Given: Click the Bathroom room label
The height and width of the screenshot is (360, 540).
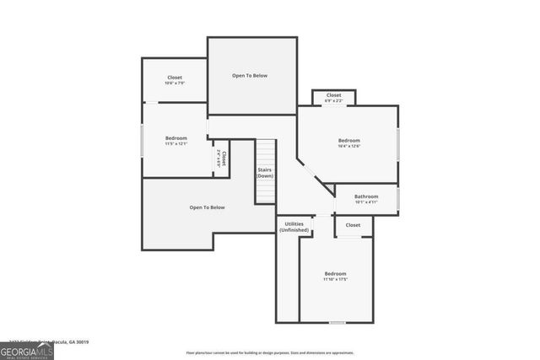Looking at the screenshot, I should pos(366,196).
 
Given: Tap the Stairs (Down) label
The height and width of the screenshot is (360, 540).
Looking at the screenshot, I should pos(265,173).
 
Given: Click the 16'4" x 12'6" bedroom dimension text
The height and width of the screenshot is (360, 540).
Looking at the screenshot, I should pos(348,147).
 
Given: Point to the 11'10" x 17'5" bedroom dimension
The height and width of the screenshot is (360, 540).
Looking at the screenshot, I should pos(336,279).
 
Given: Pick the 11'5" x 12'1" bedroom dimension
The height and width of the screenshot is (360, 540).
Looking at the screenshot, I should pos(175,143).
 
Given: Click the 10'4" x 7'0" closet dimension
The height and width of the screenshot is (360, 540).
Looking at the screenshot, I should pos(175,83).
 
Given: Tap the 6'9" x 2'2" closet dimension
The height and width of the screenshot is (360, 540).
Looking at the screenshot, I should pos(334,101).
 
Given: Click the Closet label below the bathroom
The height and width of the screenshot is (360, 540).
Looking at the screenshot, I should pos(353,225).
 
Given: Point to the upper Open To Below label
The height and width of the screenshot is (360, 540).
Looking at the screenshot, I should pos(250,76).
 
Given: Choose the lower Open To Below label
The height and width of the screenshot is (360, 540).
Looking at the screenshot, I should pos(207,207).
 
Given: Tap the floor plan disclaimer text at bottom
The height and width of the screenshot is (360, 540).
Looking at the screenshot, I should pos(270,352).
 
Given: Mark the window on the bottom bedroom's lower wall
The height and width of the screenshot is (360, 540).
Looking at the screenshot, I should pos(337,322).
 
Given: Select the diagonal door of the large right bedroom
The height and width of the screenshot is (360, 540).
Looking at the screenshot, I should pos(307,168).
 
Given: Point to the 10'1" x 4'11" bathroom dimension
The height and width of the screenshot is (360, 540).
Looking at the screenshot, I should pos(366,202).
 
